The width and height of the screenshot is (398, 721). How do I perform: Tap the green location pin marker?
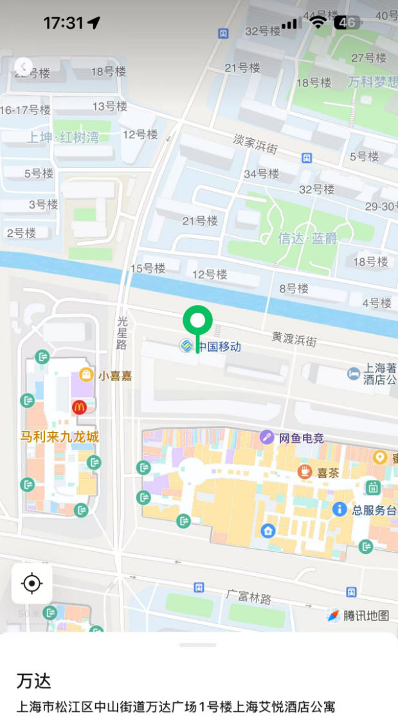[197, 321]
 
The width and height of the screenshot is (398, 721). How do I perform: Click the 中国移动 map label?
[218, 346]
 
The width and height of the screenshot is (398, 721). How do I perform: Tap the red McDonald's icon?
[79, 407]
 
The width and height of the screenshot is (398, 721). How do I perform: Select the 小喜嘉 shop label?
[114, 376]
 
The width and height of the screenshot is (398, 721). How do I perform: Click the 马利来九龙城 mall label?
[60, 437]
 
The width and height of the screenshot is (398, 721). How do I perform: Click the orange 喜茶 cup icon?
[305, 472]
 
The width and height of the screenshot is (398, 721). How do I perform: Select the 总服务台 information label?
[374, 510]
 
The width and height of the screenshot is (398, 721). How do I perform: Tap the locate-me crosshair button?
[32, 583]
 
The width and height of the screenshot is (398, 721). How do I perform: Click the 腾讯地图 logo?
[358, 615]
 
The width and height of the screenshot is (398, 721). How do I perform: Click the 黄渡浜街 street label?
[294, 339]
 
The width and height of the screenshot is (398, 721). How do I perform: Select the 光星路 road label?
[122, 332]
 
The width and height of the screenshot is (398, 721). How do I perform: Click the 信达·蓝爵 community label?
[307, 239]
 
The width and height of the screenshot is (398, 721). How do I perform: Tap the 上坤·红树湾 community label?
[62, 136]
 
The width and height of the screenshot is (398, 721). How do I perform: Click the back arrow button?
[23, 66]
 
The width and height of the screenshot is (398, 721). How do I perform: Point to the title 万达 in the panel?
[33, 681]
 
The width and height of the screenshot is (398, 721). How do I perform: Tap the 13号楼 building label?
[110, 106]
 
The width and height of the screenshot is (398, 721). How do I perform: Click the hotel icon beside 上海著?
[353, 373]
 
